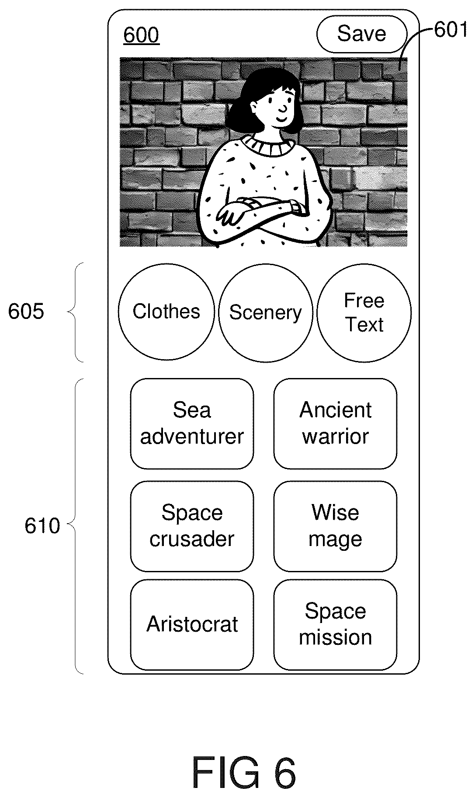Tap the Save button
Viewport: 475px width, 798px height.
(361, 34)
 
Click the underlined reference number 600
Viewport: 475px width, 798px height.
(141, 35)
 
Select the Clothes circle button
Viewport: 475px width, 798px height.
(166, 312)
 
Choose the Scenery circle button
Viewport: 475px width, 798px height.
(266, 312)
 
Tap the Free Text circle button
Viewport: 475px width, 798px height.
(364, 312)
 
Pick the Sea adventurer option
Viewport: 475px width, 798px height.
(192, 423)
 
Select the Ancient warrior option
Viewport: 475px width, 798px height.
(335, 423)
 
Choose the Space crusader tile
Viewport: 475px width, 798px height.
(192, 526)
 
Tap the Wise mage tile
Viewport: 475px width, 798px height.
(335, 526)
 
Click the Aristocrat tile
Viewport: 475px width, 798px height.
(192, 625)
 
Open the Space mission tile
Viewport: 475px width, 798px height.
(335, 625)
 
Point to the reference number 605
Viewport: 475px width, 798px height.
(26, 312)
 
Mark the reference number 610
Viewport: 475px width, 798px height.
(42, 526)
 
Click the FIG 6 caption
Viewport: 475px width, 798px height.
(244, 773)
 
